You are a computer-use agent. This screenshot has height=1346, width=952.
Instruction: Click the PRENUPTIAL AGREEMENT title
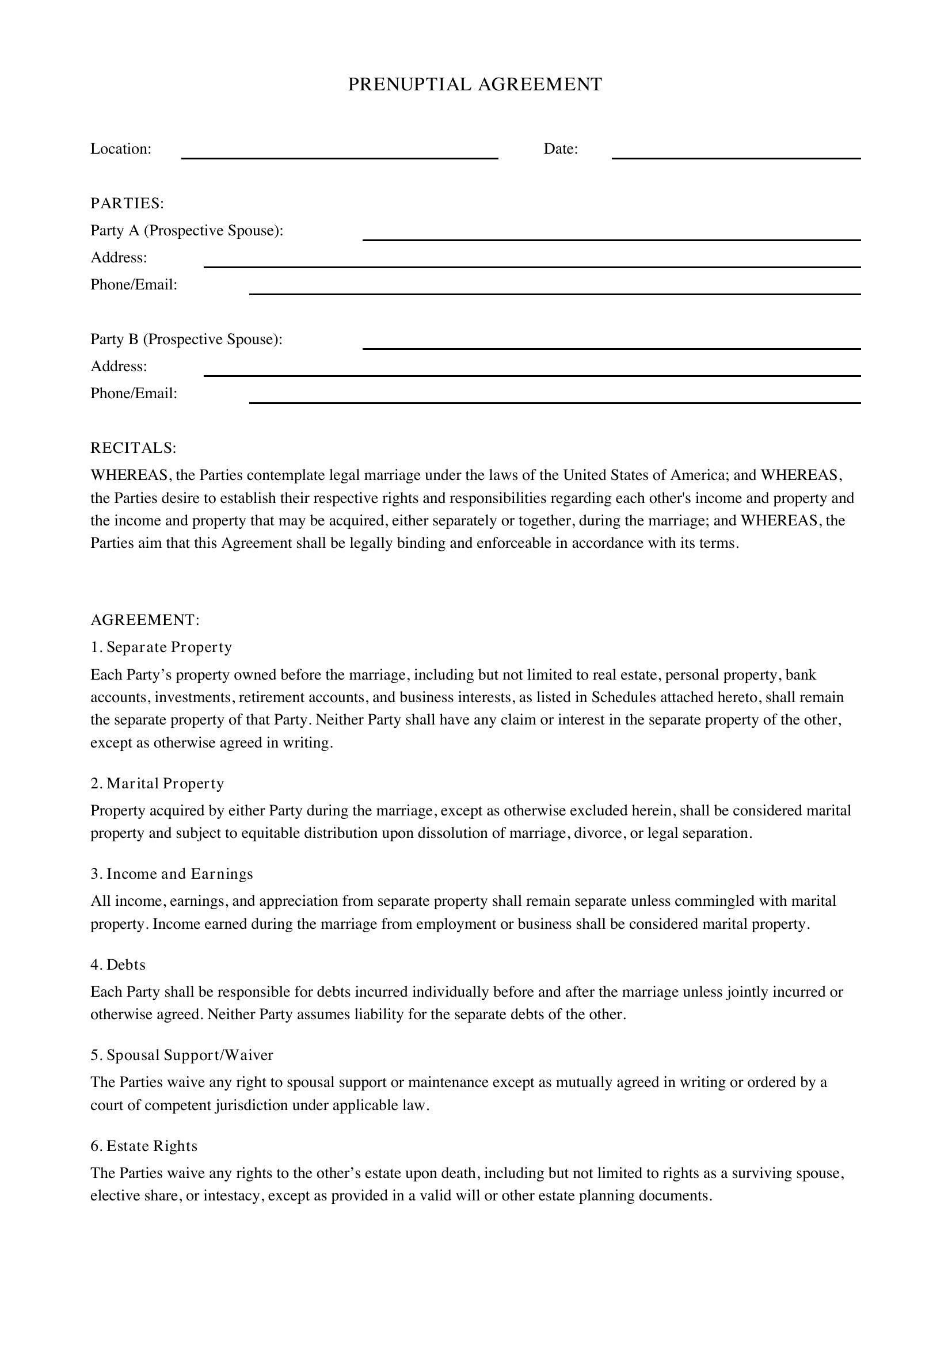(x=475, y=85)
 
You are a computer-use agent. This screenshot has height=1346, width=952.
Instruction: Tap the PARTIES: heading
(x=127, y=203)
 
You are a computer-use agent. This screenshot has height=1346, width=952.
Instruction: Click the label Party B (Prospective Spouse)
(x=186, y=340)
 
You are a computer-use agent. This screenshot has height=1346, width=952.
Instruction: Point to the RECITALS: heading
(x=133, y=448)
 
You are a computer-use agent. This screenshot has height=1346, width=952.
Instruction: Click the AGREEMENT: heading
(x=145, y=620)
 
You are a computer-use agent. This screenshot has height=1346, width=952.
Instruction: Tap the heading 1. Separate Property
(x=161, y=647)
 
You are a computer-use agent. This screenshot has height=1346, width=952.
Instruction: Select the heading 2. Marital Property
(x=157, y=784)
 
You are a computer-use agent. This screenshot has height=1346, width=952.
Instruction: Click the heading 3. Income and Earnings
(x=172, y=874)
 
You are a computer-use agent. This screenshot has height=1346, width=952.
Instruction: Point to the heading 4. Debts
(x=118, y=965)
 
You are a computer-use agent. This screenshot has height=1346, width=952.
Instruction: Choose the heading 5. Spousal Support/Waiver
(x=182, y=1055)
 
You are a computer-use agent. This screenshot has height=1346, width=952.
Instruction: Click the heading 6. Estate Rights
(x=144, y=1146)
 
